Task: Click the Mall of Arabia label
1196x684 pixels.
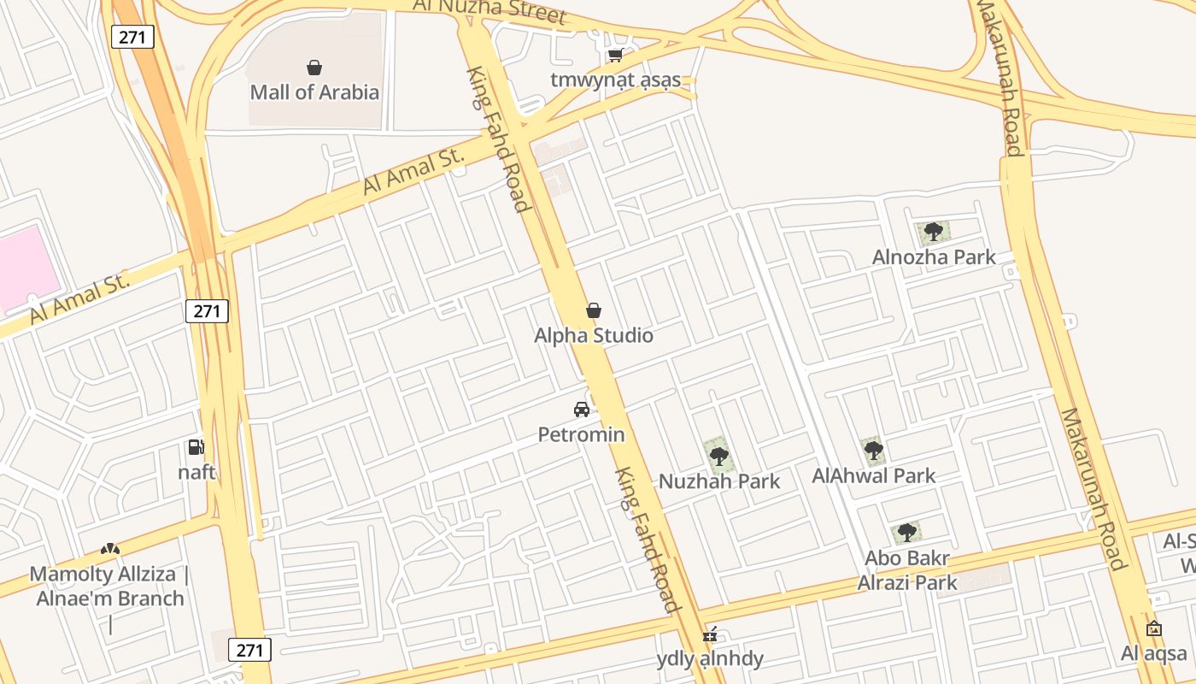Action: [x=314, y=92]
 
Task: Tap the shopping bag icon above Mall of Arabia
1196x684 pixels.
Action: [x=314, y=68]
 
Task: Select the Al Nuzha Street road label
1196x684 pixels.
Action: [x=490, y=10]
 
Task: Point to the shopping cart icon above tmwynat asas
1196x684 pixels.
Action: [x=615, y=56]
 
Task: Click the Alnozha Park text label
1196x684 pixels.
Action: [x=934, y=256]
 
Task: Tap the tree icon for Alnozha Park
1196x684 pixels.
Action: [x=934, y=231]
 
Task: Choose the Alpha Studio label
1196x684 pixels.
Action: [x=594, y=335]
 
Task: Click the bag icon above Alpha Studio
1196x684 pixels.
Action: [x=594, y=310]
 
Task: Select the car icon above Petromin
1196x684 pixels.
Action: [x=582, y=410]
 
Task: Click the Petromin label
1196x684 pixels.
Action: [x=581, y=434]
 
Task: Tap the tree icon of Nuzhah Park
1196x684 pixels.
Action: [x=719, y=455]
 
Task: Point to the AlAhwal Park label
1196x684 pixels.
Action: [x=874, y=475]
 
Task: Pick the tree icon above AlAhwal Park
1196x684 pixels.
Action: [x=873, y=451]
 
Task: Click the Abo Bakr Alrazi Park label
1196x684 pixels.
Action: [x=907, y=570]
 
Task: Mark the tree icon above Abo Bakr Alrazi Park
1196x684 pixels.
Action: [x=907, y=533]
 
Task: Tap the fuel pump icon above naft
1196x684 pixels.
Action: [x=196, y=447]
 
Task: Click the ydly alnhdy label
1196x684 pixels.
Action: [x=710, y=659]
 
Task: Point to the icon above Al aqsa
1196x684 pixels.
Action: [x=1154, y=629]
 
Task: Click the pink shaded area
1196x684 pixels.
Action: [x=26, y=265]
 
